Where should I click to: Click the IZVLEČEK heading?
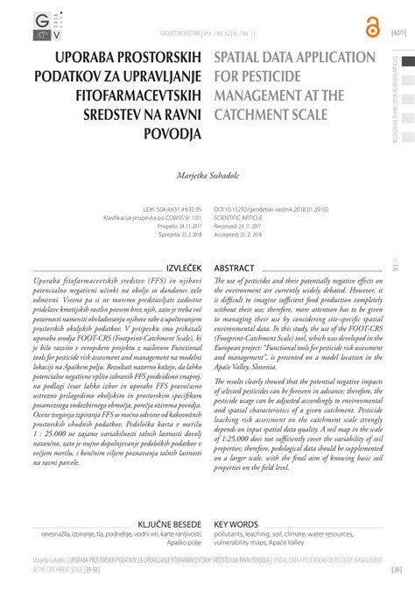click(183, 242)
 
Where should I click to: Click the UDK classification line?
click(172, 210)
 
